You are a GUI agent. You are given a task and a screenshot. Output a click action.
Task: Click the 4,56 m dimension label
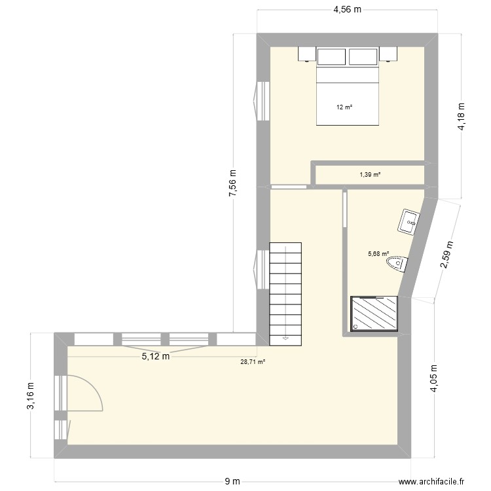coord(347,10)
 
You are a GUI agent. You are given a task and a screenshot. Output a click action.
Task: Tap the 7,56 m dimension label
coord(233,183)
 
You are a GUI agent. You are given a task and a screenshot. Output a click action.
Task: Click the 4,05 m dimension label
coord(433,379)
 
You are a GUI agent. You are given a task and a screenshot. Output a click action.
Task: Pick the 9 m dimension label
coord(232,482)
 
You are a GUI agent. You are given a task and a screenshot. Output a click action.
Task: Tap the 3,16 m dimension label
coord(30,397)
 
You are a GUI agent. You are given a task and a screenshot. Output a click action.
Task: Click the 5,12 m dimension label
coord(156,357)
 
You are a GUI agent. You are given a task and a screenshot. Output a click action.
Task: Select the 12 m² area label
coord(344,107)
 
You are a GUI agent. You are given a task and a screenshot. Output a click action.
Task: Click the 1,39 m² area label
coord(370,175)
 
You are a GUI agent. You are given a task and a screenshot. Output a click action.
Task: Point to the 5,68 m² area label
coord(378,255)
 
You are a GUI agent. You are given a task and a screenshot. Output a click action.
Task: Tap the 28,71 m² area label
coord(252,361)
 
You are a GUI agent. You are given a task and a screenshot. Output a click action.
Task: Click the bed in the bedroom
coord(347,95)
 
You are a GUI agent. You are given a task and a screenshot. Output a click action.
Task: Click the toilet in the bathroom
coord(397,264)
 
